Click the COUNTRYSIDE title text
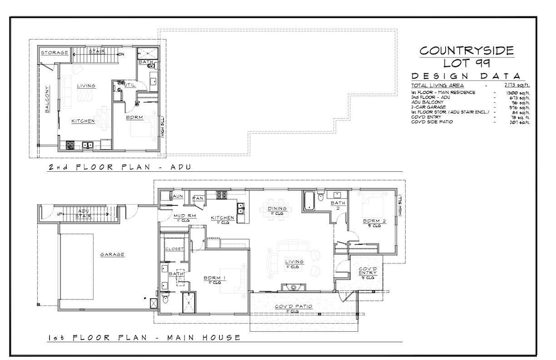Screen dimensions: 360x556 [466, 50]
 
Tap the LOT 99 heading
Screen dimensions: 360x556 [466, 63]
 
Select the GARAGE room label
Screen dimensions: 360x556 [112, 254]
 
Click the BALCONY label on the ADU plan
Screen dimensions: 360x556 [48, 103]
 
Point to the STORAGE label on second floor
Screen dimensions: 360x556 [54, 53]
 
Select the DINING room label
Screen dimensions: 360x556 [277, 208]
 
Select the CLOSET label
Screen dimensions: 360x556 [172, 249]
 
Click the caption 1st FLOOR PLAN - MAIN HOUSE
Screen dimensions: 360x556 [144, 337]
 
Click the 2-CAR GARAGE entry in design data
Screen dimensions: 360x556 [431, 106]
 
